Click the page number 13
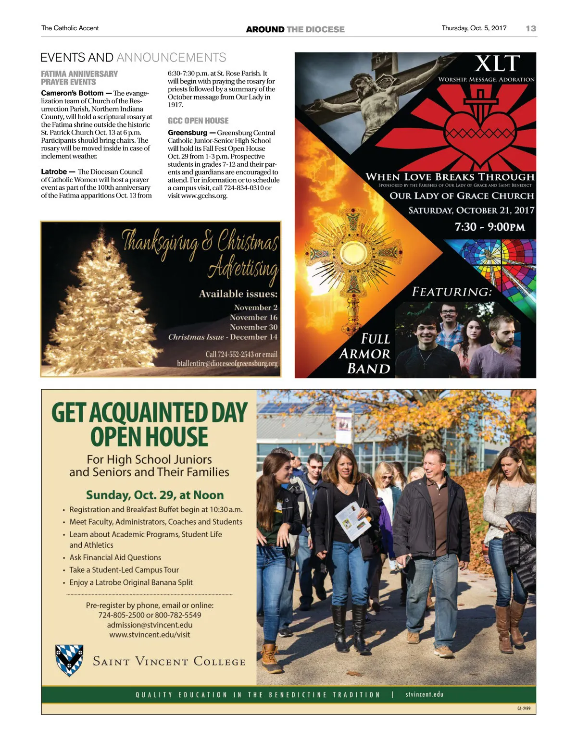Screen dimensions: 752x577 click(x=531, y=28)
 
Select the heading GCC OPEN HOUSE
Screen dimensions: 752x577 click(x=198, y=121)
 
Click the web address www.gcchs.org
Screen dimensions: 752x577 click(x=204, y=196)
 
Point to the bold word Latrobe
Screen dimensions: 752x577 click(x=54, y=172)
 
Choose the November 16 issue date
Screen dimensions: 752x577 click(x=253, y=317)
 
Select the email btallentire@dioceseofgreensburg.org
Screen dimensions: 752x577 click(x=227, y=363)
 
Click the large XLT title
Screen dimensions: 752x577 click(x=497, y=63)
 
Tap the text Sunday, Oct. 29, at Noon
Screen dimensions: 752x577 click(x=155, y=495)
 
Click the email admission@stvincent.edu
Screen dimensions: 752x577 click(x=150, y=625)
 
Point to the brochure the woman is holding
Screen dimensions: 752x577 click(x=353, y=521)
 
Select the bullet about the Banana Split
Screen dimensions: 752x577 click(x=131, y=582)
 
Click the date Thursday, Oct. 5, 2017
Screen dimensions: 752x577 click(x=474, y=28)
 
